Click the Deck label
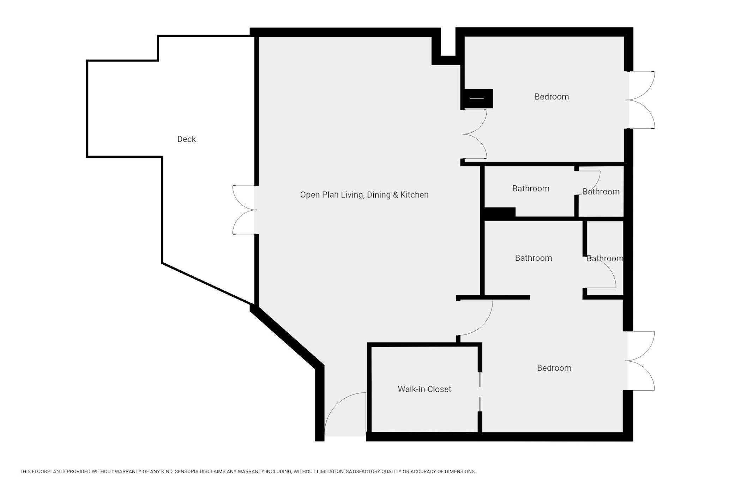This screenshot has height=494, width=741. pos(186,139)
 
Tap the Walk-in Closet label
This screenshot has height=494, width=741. pos(424,389)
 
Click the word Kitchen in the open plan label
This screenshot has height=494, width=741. pos(414,195)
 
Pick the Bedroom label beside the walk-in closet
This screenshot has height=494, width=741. pos(554,368)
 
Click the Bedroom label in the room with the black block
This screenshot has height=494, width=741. pos(552,97)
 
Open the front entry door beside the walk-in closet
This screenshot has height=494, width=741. pos(345,414)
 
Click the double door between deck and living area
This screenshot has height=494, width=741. pos(244,210)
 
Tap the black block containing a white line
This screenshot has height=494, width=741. pos(477,99)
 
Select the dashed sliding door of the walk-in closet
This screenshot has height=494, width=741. pos(480,392)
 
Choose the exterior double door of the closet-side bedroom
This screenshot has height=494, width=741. pos(640,361)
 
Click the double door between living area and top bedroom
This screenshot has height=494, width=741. pos(475,134)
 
